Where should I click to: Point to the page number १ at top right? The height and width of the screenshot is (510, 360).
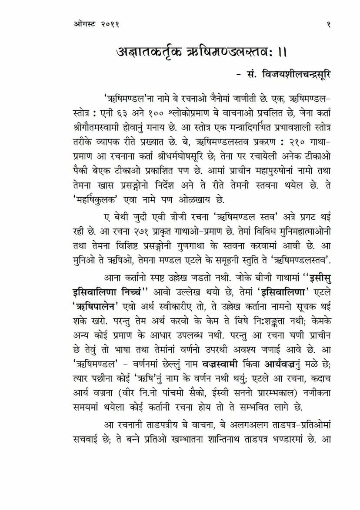[328, 25]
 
